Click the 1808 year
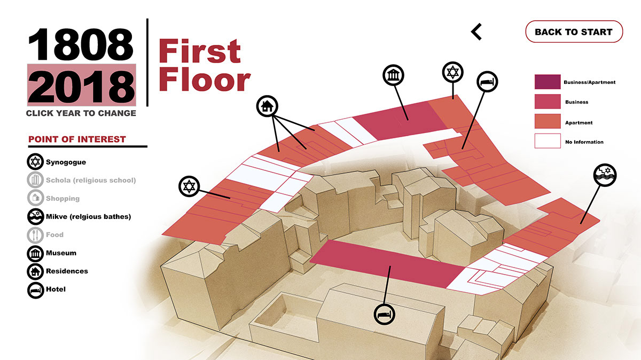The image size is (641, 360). (81, 44)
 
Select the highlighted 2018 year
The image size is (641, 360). (82, 85)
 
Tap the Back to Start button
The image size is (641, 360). (574, 32)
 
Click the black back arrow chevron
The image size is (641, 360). (476, 32)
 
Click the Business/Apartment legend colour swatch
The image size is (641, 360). (548, 82)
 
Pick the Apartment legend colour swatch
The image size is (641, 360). (548, 121)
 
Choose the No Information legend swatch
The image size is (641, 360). (548, 141)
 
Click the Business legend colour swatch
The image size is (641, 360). (548, 101)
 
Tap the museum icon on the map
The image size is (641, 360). (393, 75)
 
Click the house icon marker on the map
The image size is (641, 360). (267, 106)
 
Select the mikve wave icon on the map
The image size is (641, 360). (605, 175)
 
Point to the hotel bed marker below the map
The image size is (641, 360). (384, 315)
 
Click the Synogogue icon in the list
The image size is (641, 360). (35, 162)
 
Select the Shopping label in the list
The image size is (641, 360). (62, 198)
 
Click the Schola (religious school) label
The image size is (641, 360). (91, 181)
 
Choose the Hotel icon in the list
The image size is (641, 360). (35, 291)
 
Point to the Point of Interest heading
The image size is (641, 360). (77, 139)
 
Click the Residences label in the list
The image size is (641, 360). (67, 271)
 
